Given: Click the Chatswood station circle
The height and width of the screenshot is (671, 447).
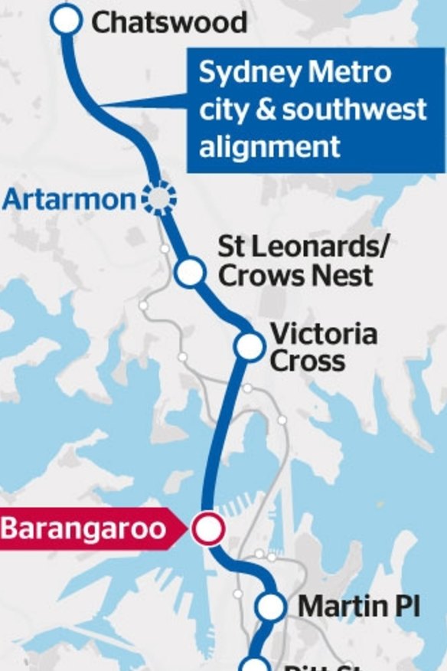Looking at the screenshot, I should click(x=67, y=21).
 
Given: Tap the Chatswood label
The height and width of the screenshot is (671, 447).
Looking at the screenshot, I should click(x=169, y=21).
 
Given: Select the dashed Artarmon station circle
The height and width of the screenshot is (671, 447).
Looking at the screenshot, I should click(x=158, y=199).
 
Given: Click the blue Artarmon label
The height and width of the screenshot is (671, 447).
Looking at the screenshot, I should click(x=69, y=200).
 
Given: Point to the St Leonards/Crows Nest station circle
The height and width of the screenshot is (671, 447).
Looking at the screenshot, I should click(x=190, y=271).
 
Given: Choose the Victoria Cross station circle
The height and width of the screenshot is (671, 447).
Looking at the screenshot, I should click(x=250, y=346).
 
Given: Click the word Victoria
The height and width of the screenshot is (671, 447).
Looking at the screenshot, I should click(x=324, y=334).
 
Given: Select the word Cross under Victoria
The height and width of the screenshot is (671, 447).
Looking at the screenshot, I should click(x=308, y=361).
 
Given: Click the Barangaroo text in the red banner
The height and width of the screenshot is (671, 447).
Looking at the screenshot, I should click(x=83, y=529).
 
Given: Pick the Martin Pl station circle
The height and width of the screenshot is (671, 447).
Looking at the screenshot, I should click(x=270, y=607).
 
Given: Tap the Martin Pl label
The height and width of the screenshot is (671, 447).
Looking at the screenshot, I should click(x=359, y=607).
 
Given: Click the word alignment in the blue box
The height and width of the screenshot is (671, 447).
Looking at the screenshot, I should click(x=269, y=146).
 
